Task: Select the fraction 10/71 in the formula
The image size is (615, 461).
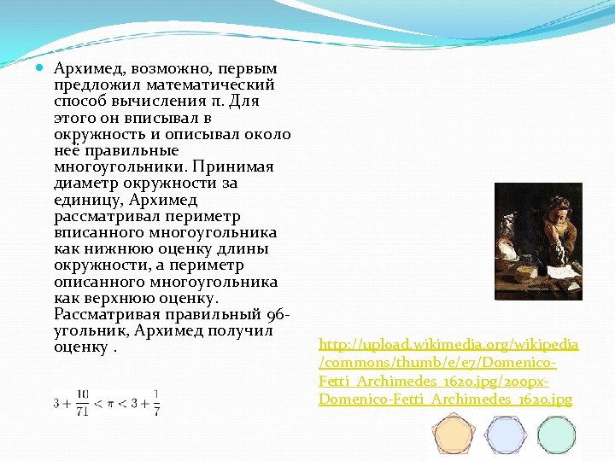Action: click(83, 400)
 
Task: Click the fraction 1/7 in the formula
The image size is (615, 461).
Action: click(156, 400)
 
